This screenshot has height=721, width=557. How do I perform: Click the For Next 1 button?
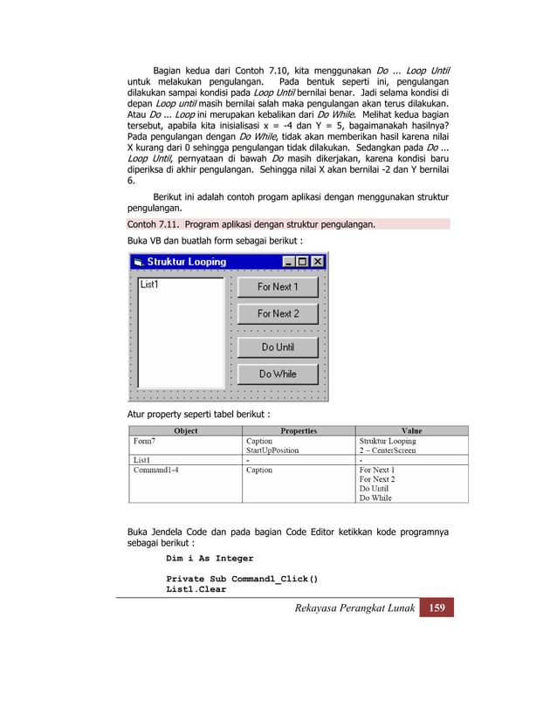point(278,287)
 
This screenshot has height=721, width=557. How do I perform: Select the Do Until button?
point(278,347)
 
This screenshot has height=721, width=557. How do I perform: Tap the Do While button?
point(278,374)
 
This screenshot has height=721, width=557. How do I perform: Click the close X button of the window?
point(318,262)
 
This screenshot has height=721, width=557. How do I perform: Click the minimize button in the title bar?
point(289,262)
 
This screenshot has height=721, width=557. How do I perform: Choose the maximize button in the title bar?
point(303,262)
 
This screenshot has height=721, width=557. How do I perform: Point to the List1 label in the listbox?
point(149,284)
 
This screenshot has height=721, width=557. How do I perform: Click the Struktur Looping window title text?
point(186,262)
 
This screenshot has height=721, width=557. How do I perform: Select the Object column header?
point(185,430)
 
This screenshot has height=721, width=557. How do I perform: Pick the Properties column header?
point(299,430)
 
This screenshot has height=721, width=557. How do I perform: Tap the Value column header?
point(411,430)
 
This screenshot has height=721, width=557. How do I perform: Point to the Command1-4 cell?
point(157,470)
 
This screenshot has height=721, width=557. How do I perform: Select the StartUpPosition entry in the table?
point(272,450)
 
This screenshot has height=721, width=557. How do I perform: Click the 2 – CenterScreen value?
point(388,450)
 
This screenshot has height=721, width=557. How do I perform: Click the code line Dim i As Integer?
point(210,559)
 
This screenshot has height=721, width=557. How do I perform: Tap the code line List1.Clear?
point(196,589)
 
